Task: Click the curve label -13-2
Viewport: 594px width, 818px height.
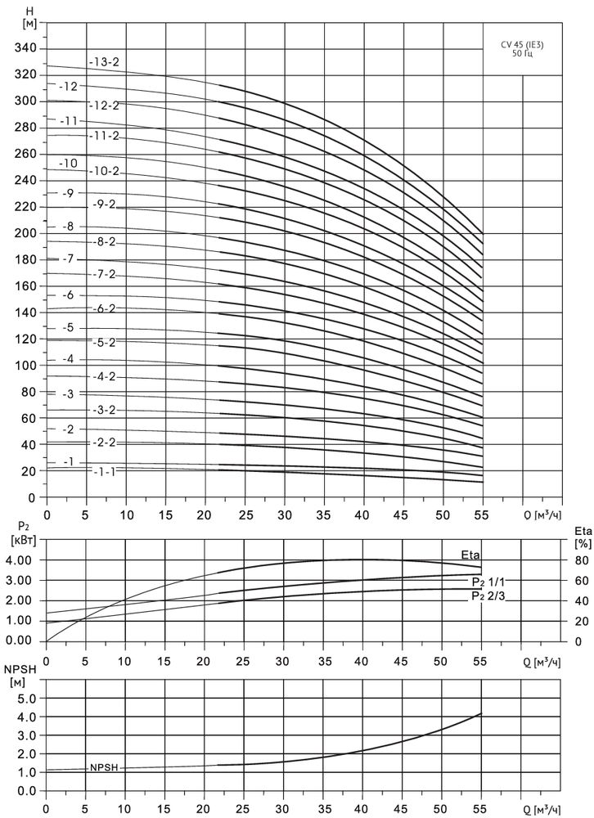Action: click(106, 61)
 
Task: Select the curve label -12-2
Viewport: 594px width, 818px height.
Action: click(106, 106)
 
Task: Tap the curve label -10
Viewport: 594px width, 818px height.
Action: click(69, 163)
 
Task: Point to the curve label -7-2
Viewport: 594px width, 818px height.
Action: click(106, 274)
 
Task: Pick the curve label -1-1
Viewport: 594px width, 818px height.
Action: click(105, 472)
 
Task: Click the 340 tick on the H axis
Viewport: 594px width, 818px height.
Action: click(25, 48)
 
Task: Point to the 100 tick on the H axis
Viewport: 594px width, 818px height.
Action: click(25, 366)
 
